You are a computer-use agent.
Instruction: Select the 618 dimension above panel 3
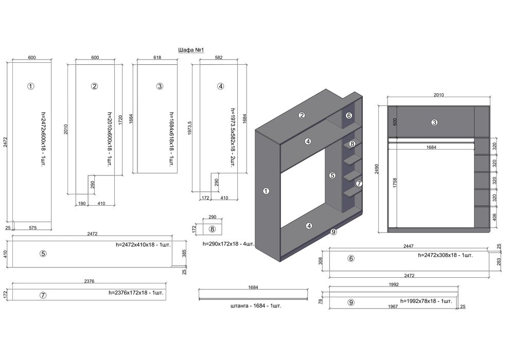point(157,58)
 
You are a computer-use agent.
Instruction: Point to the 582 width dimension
point(218,58)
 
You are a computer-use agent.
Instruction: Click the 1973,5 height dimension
point(190,126)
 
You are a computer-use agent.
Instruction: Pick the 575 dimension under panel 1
point(32,227)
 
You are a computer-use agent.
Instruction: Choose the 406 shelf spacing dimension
point(495,216)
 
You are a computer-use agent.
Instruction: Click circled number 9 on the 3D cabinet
point(334,232)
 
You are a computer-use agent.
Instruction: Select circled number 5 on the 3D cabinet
point(332,175)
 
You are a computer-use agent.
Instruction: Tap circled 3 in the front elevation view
point(434,122)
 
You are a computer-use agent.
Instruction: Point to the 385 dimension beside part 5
point(183,253)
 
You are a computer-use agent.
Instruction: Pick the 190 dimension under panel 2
point(82,204)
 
